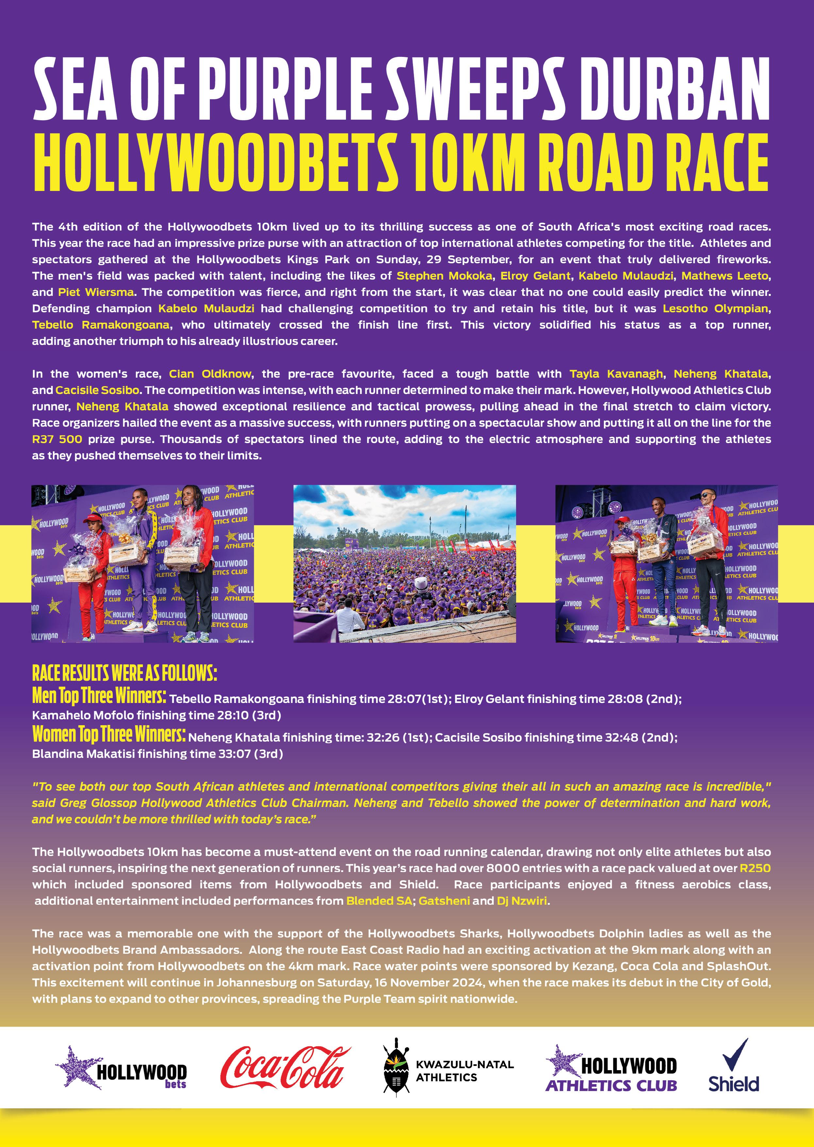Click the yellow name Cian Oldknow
209,374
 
